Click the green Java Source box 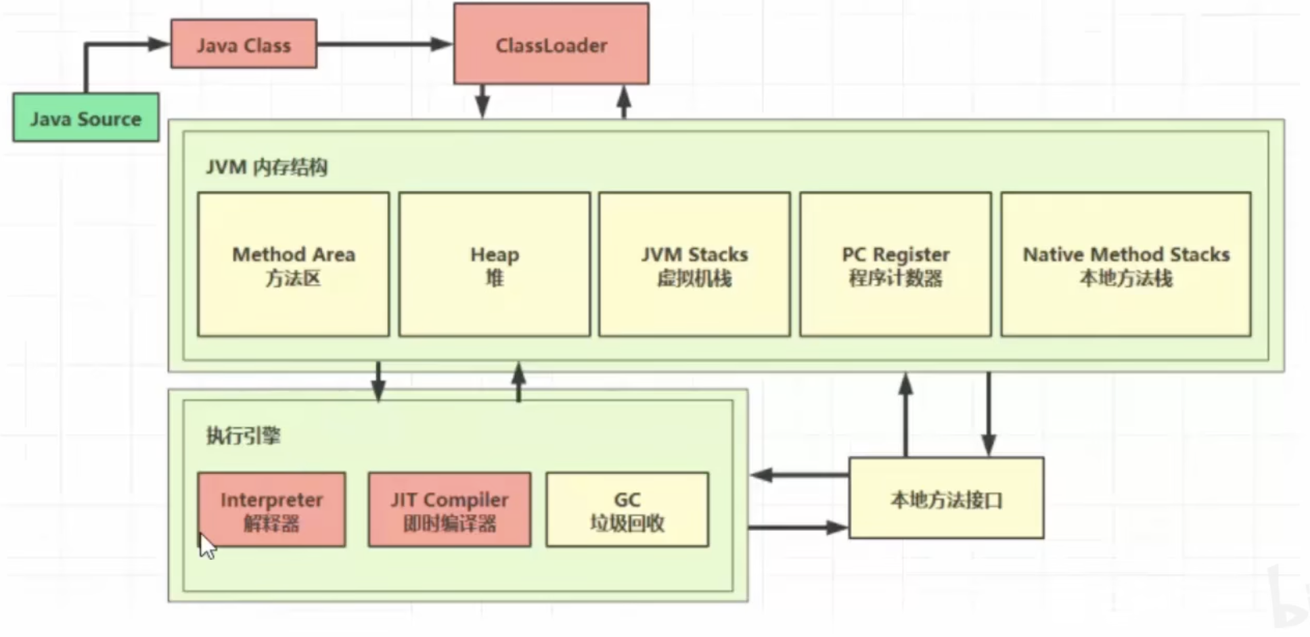86,118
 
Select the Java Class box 244,45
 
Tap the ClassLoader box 551,45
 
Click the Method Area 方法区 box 293,264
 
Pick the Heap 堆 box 494,264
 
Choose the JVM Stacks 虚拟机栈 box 694,264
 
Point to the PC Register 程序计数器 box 895,264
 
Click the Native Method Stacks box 1125,264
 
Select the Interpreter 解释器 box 271,510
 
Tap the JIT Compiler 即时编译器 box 449,510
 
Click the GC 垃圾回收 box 627,510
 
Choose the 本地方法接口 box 946,498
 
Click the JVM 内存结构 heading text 267,167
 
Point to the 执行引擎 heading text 243,435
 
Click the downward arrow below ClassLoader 482,101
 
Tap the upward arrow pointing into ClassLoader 624,101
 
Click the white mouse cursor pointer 207,546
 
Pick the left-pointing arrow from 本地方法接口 798,475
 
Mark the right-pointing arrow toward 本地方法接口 798,527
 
